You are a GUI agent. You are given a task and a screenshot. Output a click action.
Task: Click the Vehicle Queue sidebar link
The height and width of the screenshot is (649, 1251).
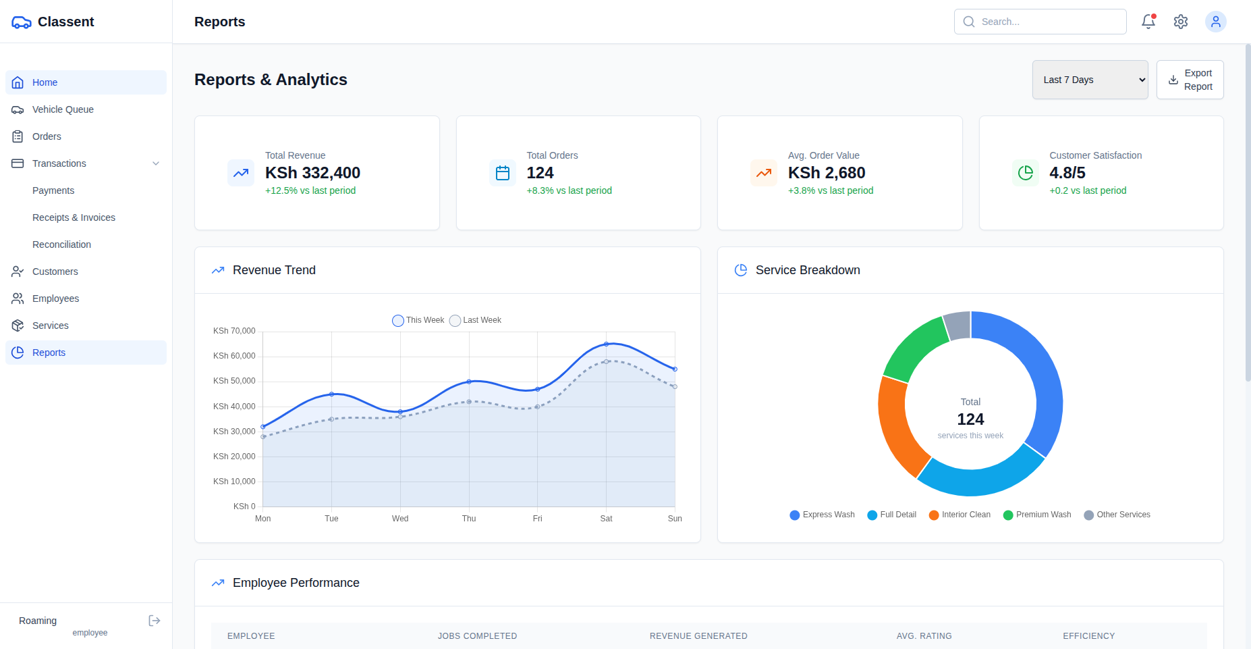click(63, 109)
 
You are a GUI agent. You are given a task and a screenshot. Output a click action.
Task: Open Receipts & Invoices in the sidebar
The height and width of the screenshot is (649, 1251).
click(74, 217)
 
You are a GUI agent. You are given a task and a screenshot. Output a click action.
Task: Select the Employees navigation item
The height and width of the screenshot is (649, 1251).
click(55, 298)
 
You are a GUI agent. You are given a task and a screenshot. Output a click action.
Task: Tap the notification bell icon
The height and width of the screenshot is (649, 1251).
click(1148, 22)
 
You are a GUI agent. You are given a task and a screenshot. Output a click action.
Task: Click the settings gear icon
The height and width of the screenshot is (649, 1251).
click(1180, 22)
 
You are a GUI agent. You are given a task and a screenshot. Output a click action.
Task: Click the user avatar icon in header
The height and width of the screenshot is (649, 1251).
click(1215, 22)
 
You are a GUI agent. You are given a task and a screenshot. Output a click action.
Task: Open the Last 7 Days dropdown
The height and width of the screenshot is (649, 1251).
click(1090, 80)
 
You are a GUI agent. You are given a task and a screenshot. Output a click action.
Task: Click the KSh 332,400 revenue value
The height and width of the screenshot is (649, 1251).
click(312, 173)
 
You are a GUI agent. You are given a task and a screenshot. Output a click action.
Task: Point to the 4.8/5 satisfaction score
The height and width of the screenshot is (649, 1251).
click(1067, 173)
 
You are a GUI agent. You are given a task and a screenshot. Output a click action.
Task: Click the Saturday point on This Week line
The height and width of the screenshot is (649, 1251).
click(606, 344)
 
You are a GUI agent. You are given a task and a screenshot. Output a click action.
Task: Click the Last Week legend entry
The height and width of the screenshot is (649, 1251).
click(476, 320)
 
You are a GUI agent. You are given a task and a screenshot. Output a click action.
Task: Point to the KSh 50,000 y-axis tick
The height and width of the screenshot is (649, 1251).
click(234, 381)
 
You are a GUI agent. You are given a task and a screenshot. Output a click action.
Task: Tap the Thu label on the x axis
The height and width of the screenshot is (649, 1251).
click(469, 519)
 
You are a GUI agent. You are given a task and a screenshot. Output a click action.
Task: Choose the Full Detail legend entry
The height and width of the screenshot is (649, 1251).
click(892, 515)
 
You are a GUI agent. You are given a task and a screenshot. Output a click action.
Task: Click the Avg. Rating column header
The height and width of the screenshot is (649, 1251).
click(924, 636)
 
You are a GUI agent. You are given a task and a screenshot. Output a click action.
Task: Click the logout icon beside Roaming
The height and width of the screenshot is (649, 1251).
click(155, 621)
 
